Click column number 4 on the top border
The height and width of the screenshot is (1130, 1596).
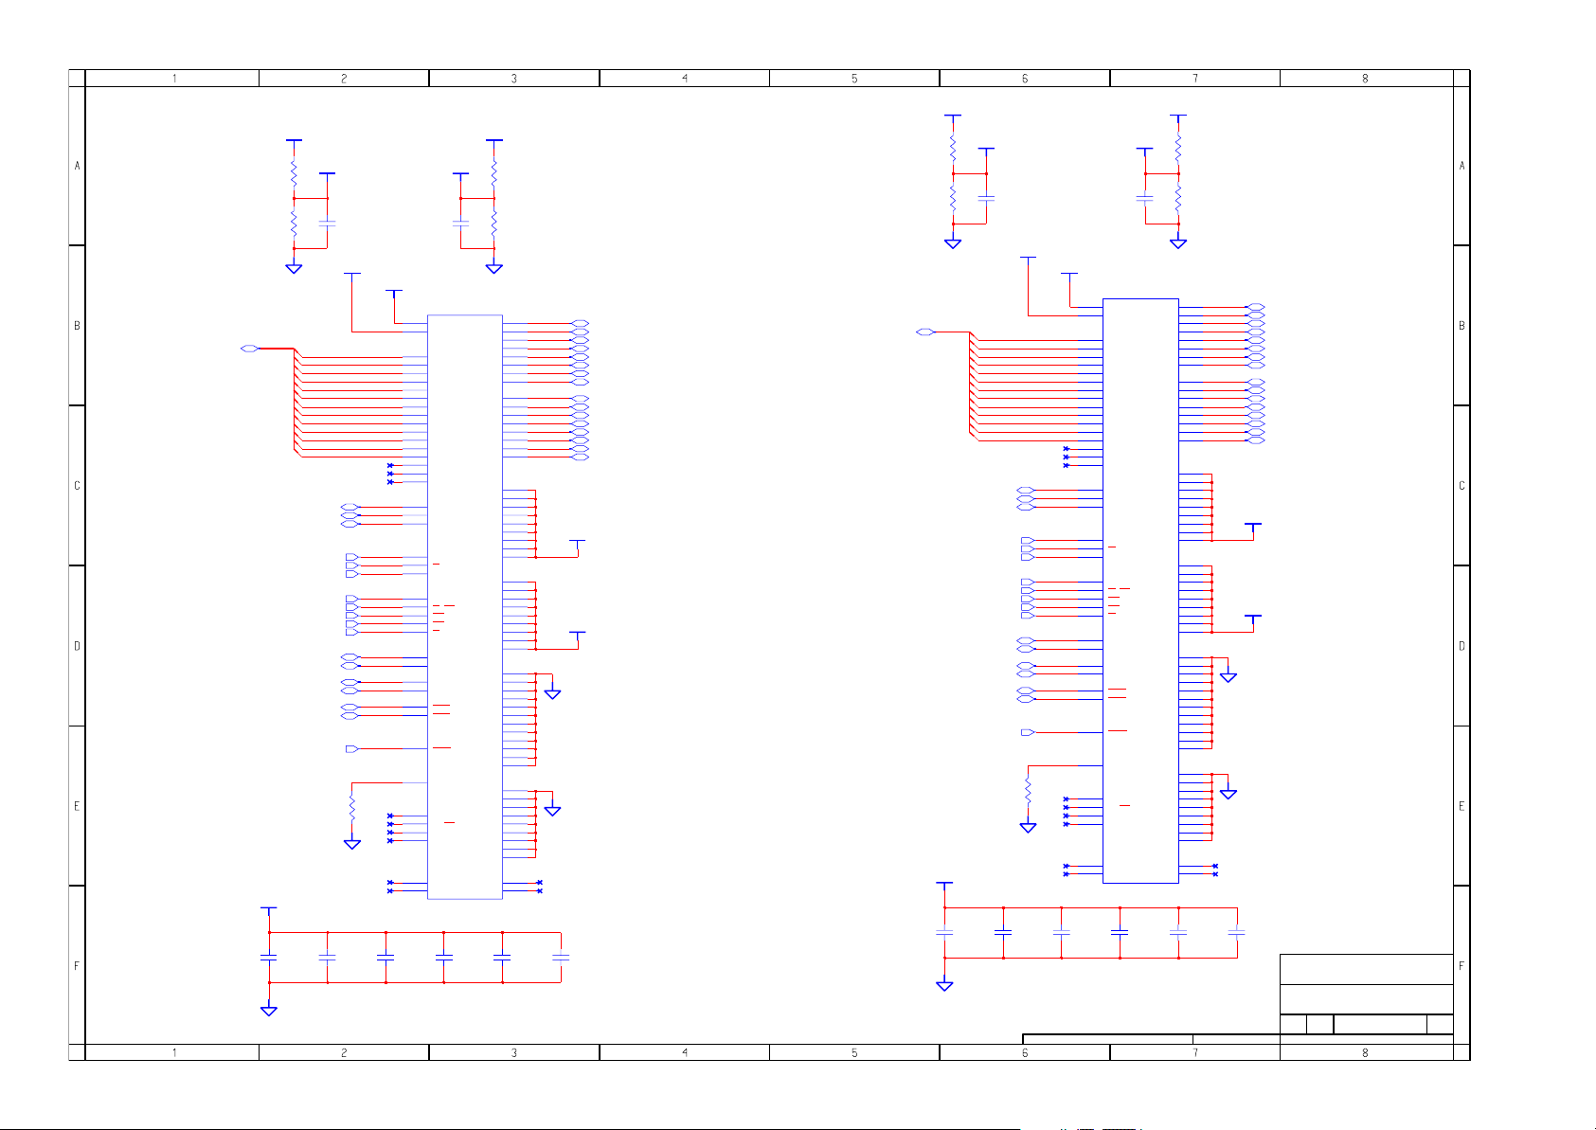point(684,79)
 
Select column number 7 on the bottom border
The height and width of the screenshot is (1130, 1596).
point(1194,1052)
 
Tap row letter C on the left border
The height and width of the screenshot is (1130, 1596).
point(77,486)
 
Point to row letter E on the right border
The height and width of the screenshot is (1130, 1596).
point(1462,806)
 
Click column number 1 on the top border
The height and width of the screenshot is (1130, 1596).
point(174,79)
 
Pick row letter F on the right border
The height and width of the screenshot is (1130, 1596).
point(1462,966)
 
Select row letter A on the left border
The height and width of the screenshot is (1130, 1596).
point(77,166)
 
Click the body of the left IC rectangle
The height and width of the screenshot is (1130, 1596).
point(464,607)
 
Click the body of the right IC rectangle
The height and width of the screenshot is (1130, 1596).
point(1140,591)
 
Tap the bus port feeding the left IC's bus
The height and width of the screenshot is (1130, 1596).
point(249,349)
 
